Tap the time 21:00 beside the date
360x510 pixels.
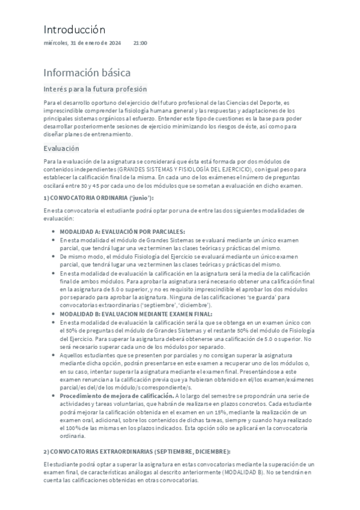click(x=140, y=43)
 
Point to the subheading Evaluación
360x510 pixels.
click(x=61, y=148)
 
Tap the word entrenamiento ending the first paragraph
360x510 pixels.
click(x=109, y=134)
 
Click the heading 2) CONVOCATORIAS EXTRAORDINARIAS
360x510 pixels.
click(x=136, y=451)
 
